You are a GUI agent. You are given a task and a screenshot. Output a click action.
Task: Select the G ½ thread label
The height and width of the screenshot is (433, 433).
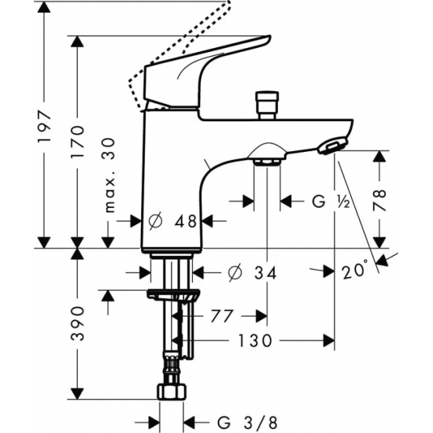(x=328, y=202)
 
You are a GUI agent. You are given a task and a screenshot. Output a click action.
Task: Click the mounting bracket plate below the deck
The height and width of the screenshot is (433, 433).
(x=172, y=296)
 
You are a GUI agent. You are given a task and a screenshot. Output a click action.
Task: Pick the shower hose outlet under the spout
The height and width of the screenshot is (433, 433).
(x=268, y=160)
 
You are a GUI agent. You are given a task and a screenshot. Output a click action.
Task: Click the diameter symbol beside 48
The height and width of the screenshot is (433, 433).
(x=155, y=223)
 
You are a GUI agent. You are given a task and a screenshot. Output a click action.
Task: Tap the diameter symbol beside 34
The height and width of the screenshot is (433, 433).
(x=233, y=273)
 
